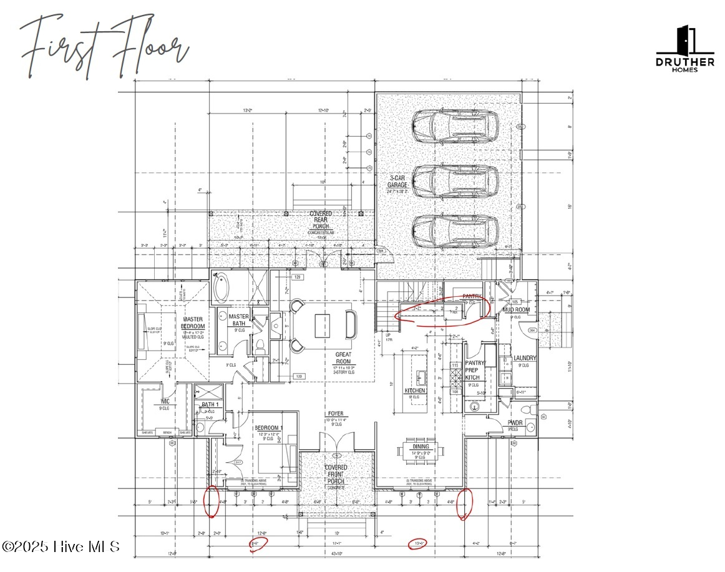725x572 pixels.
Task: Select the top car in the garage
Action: [455, 125]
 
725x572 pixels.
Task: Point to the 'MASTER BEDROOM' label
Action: [193, 322]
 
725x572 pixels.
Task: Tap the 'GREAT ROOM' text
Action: [343, 357]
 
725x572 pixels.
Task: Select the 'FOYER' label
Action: [336, 414]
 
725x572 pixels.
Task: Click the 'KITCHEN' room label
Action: [415, 390]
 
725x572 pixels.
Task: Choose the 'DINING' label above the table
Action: [419, 447]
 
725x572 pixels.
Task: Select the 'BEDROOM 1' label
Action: [269, 428]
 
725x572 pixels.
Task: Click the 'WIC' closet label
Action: [165, 402]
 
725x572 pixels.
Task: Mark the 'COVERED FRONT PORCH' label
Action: [336, 474]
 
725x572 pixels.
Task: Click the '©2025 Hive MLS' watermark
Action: [61, 546]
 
